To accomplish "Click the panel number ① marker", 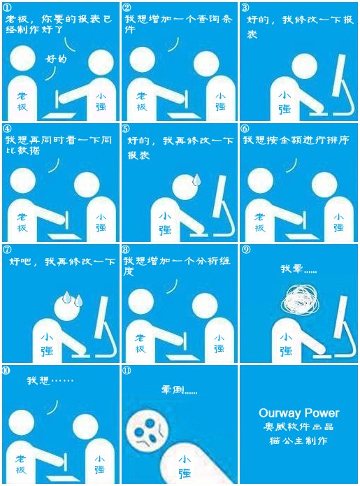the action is coord(8,8).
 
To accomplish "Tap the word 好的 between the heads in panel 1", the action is coord(56,59).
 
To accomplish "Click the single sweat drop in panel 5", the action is coord(196,180).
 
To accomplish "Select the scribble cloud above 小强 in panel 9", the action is coord(299,299).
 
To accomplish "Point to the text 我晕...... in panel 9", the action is coord(298,269).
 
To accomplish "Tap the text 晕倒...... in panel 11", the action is coord(179,389).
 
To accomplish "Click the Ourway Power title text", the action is coord(299,413).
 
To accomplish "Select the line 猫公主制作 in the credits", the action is coord(298,441).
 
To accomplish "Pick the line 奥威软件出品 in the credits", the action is coord(298,427).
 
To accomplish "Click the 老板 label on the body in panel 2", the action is coord(142,101).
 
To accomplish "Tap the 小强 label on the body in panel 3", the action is coord(285,103).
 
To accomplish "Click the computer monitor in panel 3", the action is coord(340,76).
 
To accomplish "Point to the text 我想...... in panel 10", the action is coord(50,380).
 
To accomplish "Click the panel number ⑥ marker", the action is coord(245,129).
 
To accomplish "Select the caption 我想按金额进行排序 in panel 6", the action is coord(296,140).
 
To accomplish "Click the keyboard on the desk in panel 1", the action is coord(59,115).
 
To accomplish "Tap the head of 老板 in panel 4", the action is coord(23,180).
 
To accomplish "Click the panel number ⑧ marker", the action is coord(126,250).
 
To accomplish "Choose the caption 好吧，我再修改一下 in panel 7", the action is coord(63,262).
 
